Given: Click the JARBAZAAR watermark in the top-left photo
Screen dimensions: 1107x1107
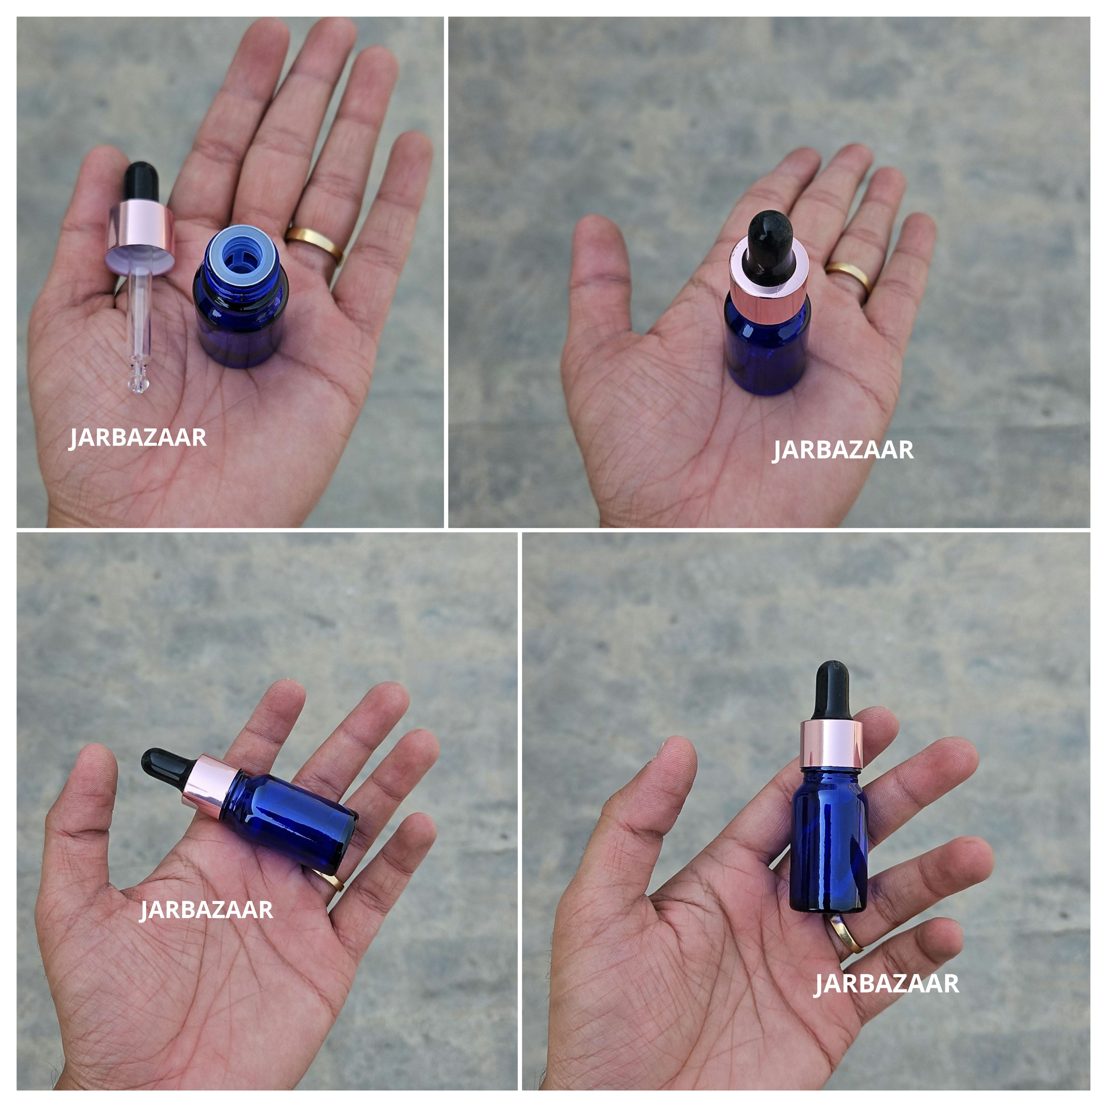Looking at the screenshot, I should (138, 438).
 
